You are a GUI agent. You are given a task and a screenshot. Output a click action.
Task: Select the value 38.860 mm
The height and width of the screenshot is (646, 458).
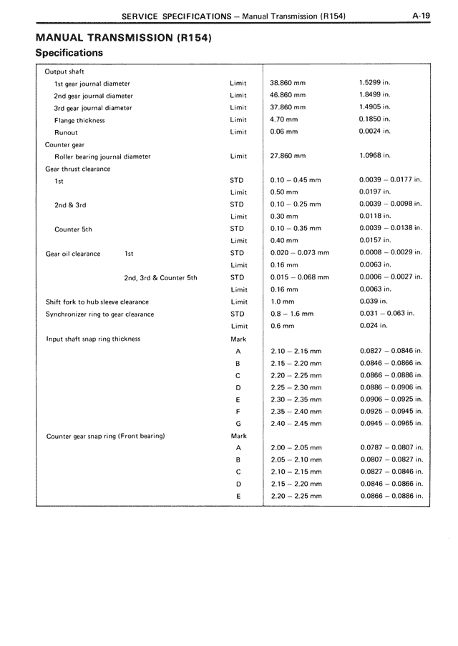(288, 83)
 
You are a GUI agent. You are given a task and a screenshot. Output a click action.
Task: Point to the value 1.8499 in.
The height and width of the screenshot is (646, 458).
(374, 95)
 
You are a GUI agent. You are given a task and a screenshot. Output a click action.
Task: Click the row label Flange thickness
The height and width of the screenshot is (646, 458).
(79, 120)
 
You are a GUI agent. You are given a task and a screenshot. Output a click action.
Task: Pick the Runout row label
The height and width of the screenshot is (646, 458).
(66, 132)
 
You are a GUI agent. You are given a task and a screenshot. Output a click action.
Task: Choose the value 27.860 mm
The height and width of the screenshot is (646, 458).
(288, 156)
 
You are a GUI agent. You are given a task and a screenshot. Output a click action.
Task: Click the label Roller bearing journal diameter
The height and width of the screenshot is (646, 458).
(102, 156)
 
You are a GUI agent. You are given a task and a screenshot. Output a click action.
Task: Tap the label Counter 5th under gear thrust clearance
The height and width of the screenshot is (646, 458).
(73, 229)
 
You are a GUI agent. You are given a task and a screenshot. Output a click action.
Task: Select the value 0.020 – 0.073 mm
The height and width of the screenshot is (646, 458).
(300, 253)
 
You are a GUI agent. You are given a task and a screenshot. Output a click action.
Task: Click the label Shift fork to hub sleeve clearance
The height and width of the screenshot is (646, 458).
(97, 302)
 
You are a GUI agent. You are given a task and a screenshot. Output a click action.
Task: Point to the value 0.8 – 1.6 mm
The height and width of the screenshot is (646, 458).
(292, 314)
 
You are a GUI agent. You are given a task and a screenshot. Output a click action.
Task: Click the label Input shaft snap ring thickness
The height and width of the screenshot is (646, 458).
(93, 339)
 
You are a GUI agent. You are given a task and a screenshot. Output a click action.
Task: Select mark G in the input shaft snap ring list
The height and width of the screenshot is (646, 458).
(238, 424)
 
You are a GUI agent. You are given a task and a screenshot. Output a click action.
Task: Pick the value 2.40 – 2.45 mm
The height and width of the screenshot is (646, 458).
(296, 424)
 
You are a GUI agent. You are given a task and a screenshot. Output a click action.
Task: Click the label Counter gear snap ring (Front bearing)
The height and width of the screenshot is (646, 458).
(105, 436)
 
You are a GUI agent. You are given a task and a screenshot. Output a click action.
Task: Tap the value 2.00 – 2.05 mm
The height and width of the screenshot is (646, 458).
(296, 447)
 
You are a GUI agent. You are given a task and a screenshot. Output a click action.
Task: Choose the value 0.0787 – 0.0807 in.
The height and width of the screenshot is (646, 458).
(391, 447)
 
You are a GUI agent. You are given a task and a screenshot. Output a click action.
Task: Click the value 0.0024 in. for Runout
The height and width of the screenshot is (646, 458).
(374, 131)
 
